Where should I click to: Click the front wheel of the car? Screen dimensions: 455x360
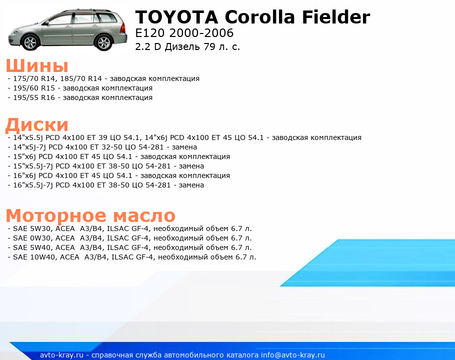pos(31,42)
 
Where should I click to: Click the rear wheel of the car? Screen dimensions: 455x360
pos(104,42)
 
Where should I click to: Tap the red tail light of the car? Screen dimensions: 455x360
pos(123,27)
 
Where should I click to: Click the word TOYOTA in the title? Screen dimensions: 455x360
pos(176,17)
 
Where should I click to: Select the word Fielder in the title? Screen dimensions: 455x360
pos(336,17)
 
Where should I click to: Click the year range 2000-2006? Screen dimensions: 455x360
pos(201,33)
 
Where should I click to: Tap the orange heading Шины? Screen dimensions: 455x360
pos(37,65)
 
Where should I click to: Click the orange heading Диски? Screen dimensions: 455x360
pos(37,124)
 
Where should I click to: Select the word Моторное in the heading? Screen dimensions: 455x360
pos(56,215)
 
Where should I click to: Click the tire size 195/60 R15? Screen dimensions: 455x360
pos(34,88)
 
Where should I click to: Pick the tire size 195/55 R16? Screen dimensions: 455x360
pos(34,98)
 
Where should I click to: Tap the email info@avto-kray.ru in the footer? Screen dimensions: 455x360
pos(293,355)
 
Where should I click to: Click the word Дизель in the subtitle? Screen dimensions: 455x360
pos(182,46)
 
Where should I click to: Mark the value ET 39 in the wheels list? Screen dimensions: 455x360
pos(98,137)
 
